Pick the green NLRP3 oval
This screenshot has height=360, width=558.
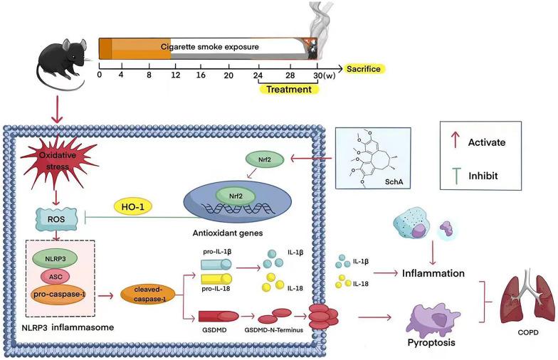[x=60, y=258]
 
